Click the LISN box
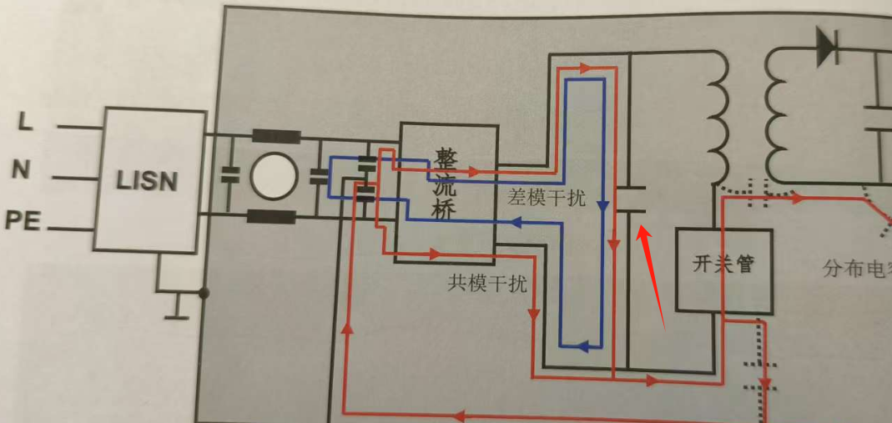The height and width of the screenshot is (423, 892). pos(149,179)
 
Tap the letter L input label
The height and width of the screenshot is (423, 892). pos(26,123)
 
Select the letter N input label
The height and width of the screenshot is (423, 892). pos(22,170)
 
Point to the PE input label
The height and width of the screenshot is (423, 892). pos(24,221)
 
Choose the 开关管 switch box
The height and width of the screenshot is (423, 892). pos(723,265)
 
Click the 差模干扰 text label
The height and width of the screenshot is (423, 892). pos(547,199)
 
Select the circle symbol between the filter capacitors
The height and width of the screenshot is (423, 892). pos(275,176)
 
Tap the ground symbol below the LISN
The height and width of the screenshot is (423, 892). pos(176,313)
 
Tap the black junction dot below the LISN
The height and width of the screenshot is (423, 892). pos(203,293)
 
